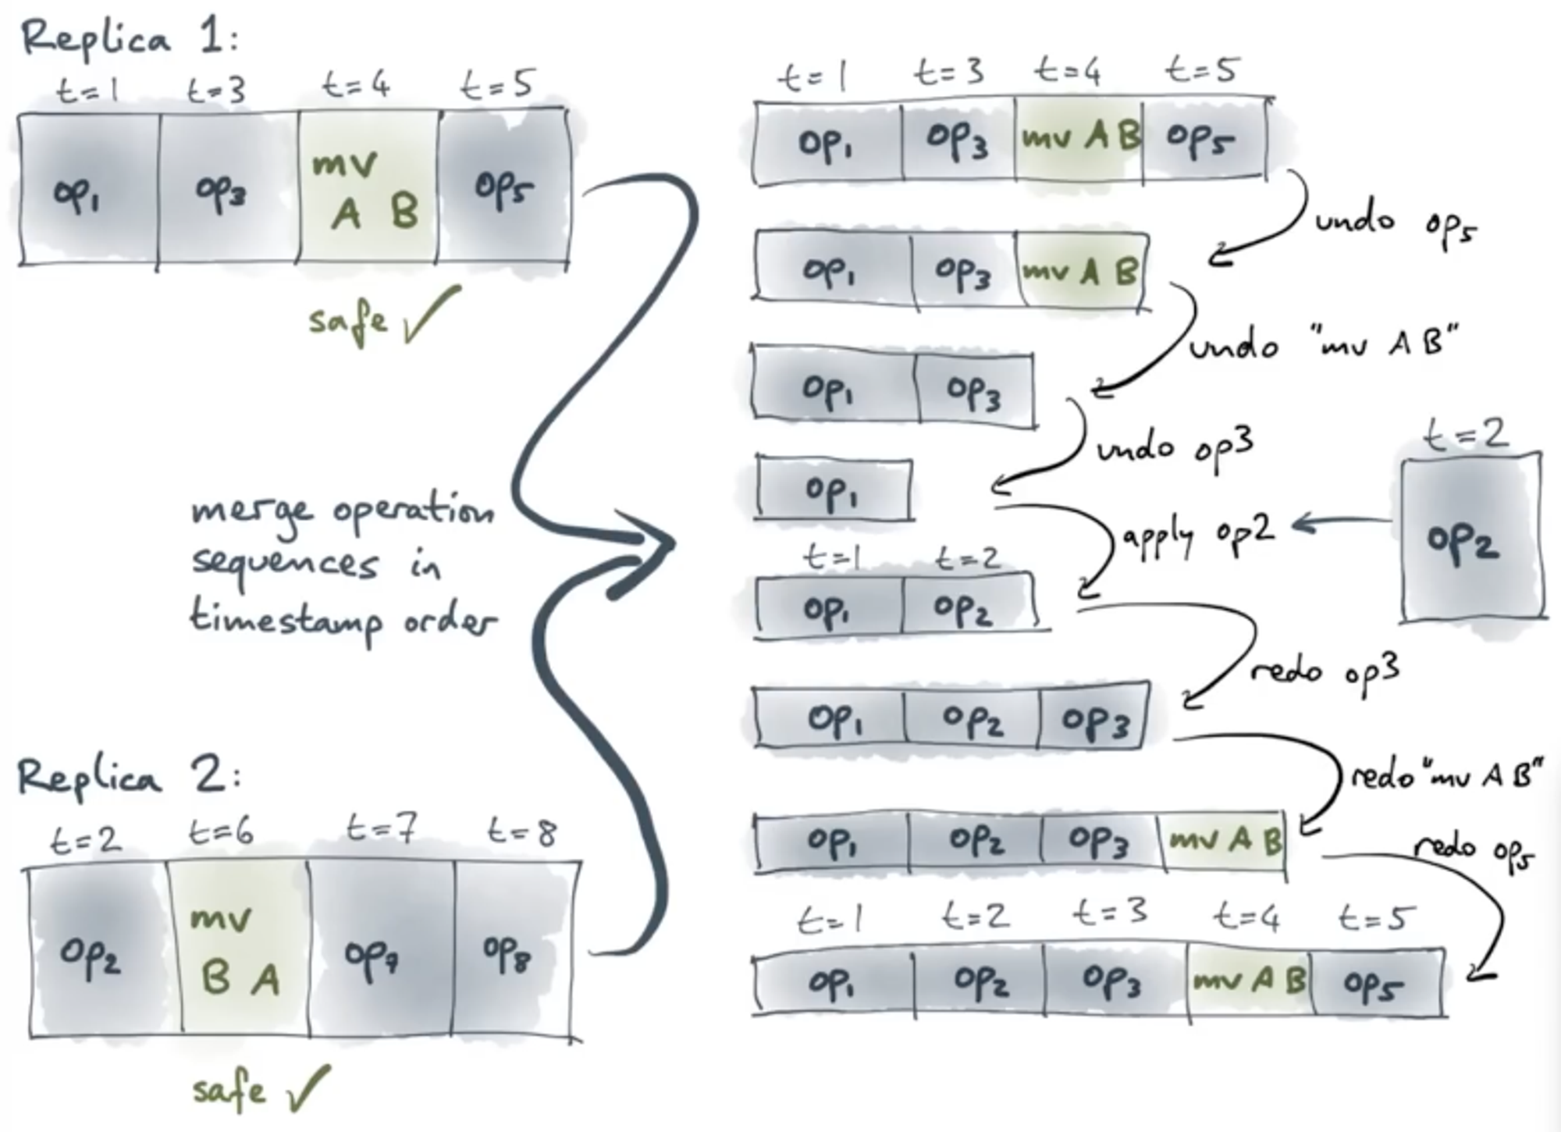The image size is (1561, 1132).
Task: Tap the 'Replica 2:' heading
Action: pos(129,777)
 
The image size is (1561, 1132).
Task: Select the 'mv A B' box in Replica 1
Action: pos(367,187)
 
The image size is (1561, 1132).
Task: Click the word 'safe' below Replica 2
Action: pos(228,1089)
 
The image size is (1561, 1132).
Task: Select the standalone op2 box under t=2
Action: pos(1471,539)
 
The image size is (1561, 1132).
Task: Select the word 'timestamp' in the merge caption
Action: pos(285,621)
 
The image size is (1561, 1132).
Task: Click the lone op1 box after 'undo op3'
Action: pos(833,490)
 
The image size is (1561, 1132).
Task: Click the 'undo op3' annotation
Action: pos(1175,447)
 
